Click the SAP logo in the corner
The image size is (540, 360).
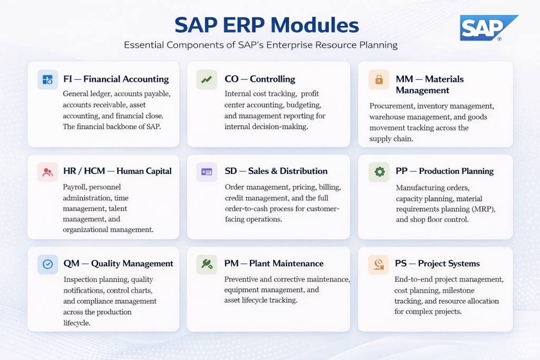(488, 28)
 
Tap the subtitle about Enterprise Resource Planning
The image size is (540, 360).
(261, 45)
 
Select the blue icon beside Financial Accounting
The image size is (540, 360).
(47, 80)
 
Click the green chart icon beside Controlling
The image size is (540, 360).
(206, 80)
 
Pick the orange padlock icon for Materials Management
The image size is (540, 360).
(379, 80)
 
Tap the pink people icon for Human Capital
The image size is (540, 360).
(47, 172)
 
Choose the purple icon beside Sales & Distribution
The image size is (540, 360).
(206, 172)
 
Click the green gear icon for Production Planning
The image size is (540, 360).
(379, 172)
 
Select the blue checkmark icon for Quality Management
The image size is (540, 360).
(47, 264)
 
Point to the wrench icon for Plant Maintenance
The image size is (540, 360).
(206, 264)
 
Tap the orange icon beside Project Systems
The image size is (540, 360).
(379, 264)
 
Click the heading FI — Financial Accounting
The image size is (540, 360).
(115, 80)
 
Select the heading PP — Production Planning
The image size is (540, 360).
(445, 171)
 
